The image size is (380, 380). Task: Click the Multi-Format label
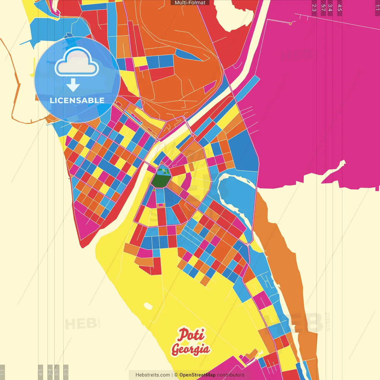[x=190, y=3]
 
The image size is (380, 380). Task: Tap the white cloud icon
[x=77, y=63]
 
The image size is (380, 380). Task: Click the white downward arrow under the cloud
[x=73, y=85]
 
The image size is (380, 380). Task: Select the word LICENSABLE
[x=77, y=101]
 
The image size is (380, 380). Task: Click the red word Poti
[x=191, y=335]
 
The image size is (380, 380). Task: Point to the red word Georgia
[x=191, y=349]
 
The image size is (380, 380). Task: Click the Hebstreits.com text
[x=153, y=375]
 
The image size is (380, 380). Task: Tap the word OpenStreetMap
[x=197, y=375]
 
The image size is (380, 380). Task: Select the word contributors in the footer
[x=231, y=375]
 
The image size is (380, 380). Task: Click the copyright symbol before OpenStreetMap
[x=176, y=375]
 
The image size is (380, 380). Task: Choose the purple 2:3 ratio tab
[x=314, y=8]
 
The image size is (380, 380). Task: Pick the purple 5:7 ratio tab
[x=323, y=8]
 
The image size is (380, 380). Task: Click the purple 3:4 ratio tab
[x=330, y=8]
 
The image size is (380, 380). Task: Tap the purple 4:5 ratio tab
[x=340, y=8]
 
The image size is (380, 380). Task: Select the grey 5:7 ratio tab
[x=57, y=372]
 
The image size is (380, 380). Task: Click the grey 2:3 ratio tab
[x=66, y=372]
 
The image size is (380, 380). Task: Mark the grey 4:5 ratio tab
[x=40, y=372]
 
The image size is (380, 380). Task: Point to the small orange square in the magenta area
[x=290, y=23]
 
